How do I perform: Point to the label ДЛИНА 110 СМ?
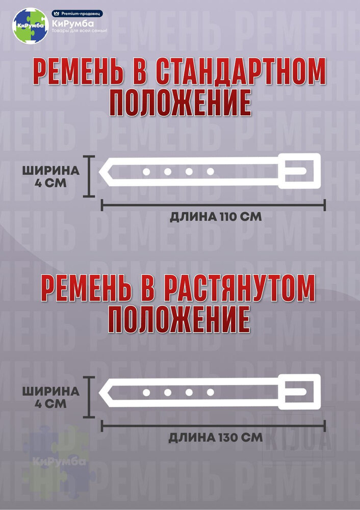(x=215, y=216)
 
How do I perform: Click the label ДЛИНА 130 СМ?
(x=215, y=437)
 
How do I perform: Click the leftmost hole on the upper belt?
(x=146, y=171)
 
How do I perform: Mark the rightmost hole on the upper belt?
(x=210, y=171)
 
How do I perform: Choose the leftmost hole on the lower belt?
(x=146, y=392)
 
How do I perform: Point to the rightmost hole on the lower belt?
(x=210, y=392)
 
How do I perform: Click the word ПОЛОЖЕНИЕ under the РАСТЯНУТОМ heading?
(x=179, y=320)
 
